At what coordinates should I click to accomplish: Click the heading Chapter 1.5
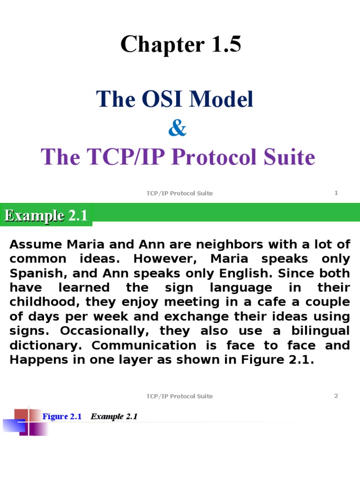tap(180, 45)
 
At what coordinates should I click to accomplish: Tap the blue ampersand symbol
tap(177, 128)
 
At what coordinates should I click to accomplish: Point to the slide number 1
tap(336, 193)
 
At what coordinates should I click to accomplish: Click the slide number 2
tap(336, 396)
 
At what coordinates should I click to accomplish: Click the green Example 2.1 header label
tap(46, 216)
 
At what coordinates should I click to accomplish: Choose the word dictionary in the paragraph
tap(47, 345)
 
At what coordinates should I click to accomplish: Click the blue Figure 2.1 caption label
tap(62, 416)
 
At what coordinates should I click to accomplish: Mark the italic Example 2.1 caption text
tap(114, 416)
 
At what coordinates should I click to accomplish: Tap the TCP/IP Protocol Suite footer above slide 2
tap(180, 396)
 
